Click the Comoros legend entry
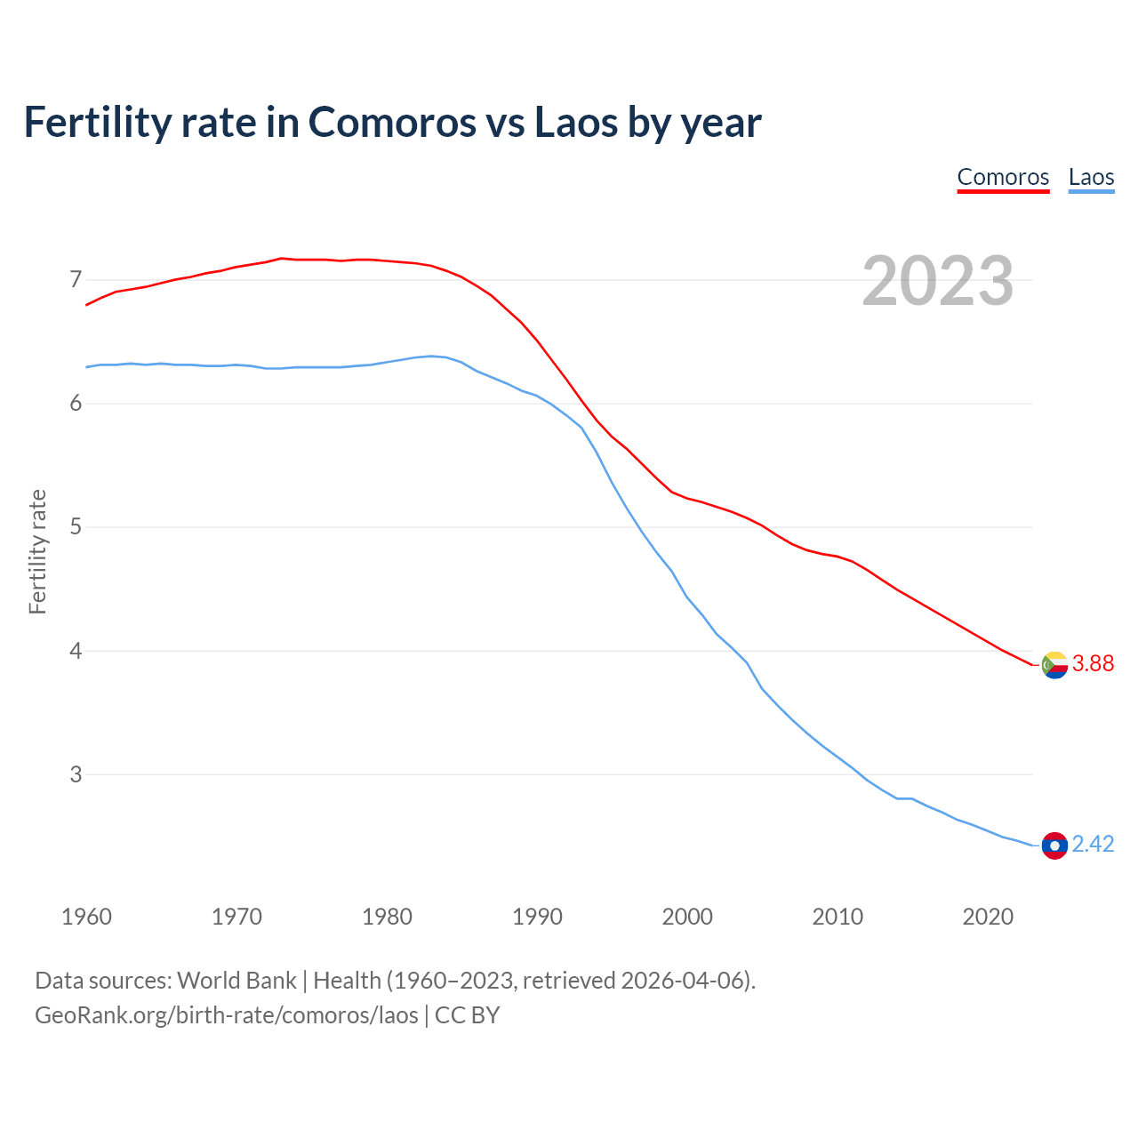[1003, 177]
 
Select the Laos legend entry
[1091, 177]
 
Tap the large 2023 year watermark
[938, 281]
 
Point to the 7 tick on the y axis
[76, 280]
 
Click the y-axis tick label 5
[76, 527]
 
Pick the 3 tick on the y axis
[76, 774]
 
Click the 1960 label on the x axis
[86, 917]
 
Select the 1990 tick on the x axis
[537, 917]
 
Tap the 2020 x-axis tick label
[988, 917]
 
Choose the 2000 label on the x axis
[687, 917]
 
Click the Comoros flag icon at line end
[1054, 665]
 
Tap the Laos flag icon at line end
[1054, 845]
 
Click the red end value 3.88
[1093, 664]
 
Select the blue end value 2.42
[1093, 845]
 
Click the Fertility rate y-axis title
[37, 551]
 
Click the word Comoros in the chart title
[392, 122]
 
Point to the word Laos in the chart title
[576, 122]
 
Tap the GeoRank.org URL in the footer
[226, 1015]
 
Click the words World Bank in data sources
[236, 981]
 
